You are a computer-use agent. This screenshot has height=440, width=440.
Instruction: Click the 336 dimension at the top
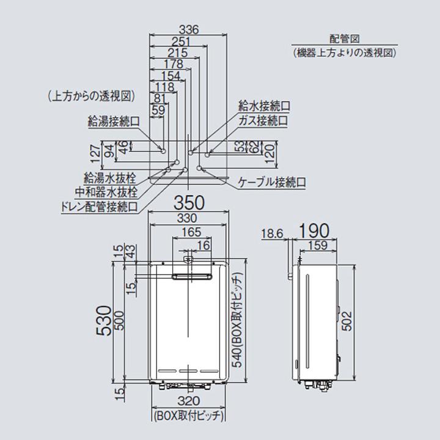point(189,29)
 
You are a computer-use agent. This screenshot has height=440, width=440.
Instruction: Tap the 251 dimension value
point(181,42)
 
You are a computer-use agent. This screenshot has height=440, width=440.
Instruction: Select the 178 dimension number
point(174,64)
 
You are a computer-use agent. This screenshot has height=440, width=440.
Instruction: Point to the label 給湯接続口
point(114,122)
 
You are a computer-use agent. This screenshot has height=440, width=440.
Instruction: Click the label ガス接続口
point(263,121)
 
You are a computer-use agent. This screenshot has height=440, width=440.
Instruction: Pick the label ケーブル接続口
point(271,182)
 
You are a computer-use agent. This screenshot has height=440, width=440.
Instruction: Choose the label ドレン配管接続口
point(100,207)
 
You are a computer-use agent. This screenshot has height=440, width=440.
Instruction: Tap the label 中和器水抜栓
point(106,193)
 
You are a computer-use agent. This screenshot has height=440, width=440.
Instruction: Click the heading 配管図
point(344,38)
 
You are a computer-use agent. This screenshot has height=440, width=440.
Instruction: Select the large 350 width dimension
point(189,203)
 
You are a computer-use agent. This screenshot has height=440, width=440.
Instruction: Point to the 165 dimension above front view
point(191,232)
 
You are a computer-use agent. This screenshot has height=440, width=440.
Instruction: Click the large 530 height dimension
point(103,320)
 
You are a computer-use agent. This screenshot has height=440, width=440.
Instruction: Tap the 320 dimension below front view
point(189,401)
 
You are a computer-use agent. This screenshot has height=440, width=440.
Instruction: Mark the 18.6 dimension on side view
point(272,233)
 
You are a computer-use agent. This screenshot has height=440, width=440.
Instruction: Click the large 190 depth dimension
point(313,230)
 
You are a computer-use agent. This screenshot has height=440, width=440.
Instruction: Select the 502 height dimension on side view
point(347,321)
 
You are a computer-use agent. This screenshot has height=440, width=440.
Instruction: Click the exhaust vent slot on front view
point(191,277)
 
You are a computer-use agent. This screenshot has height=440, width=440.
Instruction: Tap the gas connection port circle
point(207,155)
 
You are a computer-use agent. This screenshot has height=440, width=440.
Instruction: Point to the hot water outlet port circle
point(163,152)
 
